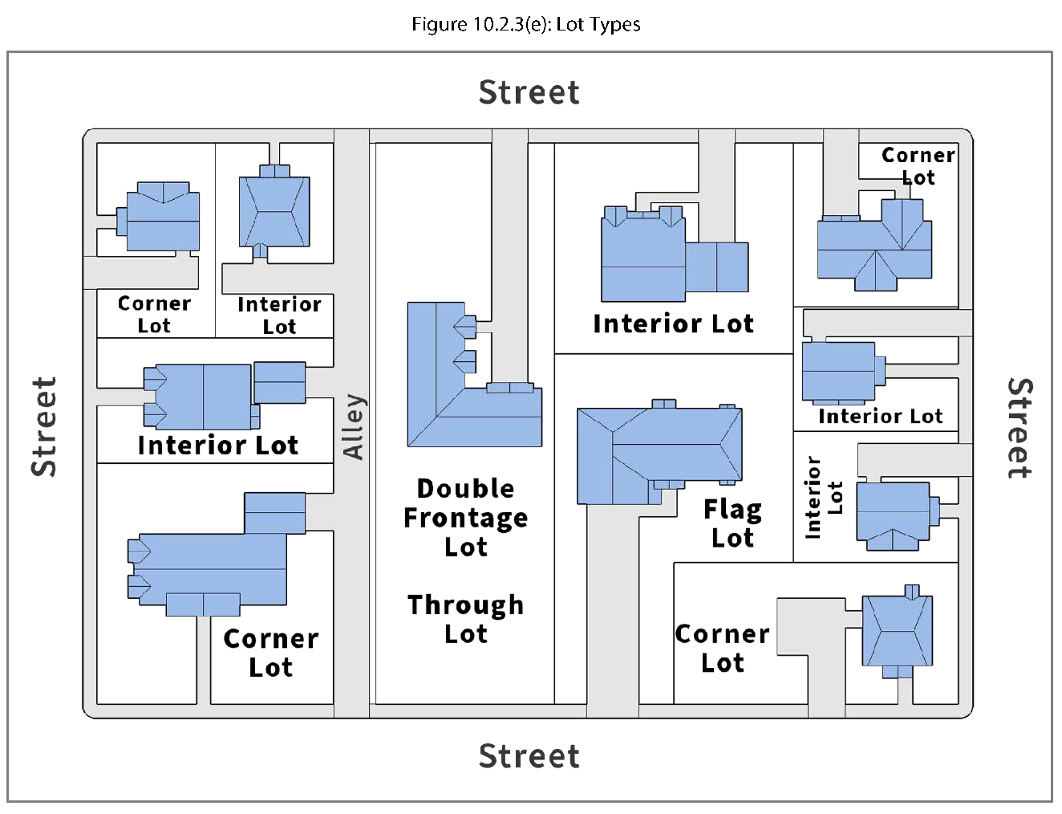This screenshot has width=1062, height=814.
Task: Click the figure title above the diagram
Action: pyautogui.click(x=526, y=24)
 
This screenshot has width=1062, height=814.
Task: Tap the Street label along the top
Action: pyautogui.click(x=529, y=92)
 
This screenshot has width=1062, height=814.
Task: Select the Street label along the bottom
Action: pyautogui.click(x=529, y=755)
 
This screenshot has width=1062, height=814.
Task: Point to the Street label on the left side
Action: pyautogui.click(x=44, y=426)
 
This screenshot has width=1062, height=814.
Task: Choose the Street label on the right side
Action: pyautogui.click(x=1019, y=428)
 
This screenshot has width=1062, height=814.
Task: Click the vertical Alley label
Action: pyautogui.click(x=353, y=426)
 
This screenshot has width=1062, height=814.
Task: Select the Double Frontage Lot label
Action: pyautogui.click(x=466, y=518)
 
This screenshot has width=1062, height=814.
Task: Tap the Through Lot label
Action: pyautogui.click(x=466, y=619)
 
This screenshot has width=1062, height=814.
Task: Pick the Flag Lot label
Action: pyautogui.click(x=732, y=523)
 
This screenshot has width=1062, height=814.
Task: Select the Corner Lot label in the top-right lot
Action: pyautogui.click(x=918, y=166)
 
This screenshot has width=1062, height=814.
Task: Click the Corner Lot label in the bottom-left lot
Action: pyautogui.click(x=271, y=653)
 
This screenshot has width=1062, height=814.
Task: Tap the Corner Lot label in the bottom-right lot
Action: pyautogui.click(x=723, y=648)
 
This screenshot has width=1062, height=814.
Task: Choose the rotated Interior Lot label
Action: pyautogui.click(x=824, y=498)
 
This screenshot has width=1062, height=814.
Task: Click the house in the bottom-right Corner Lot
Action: pyautogui.click(x=897, y=632)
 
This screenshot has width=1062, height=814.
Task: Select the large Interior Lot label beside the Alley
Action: pyautogui.click(x=218, y=445)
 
